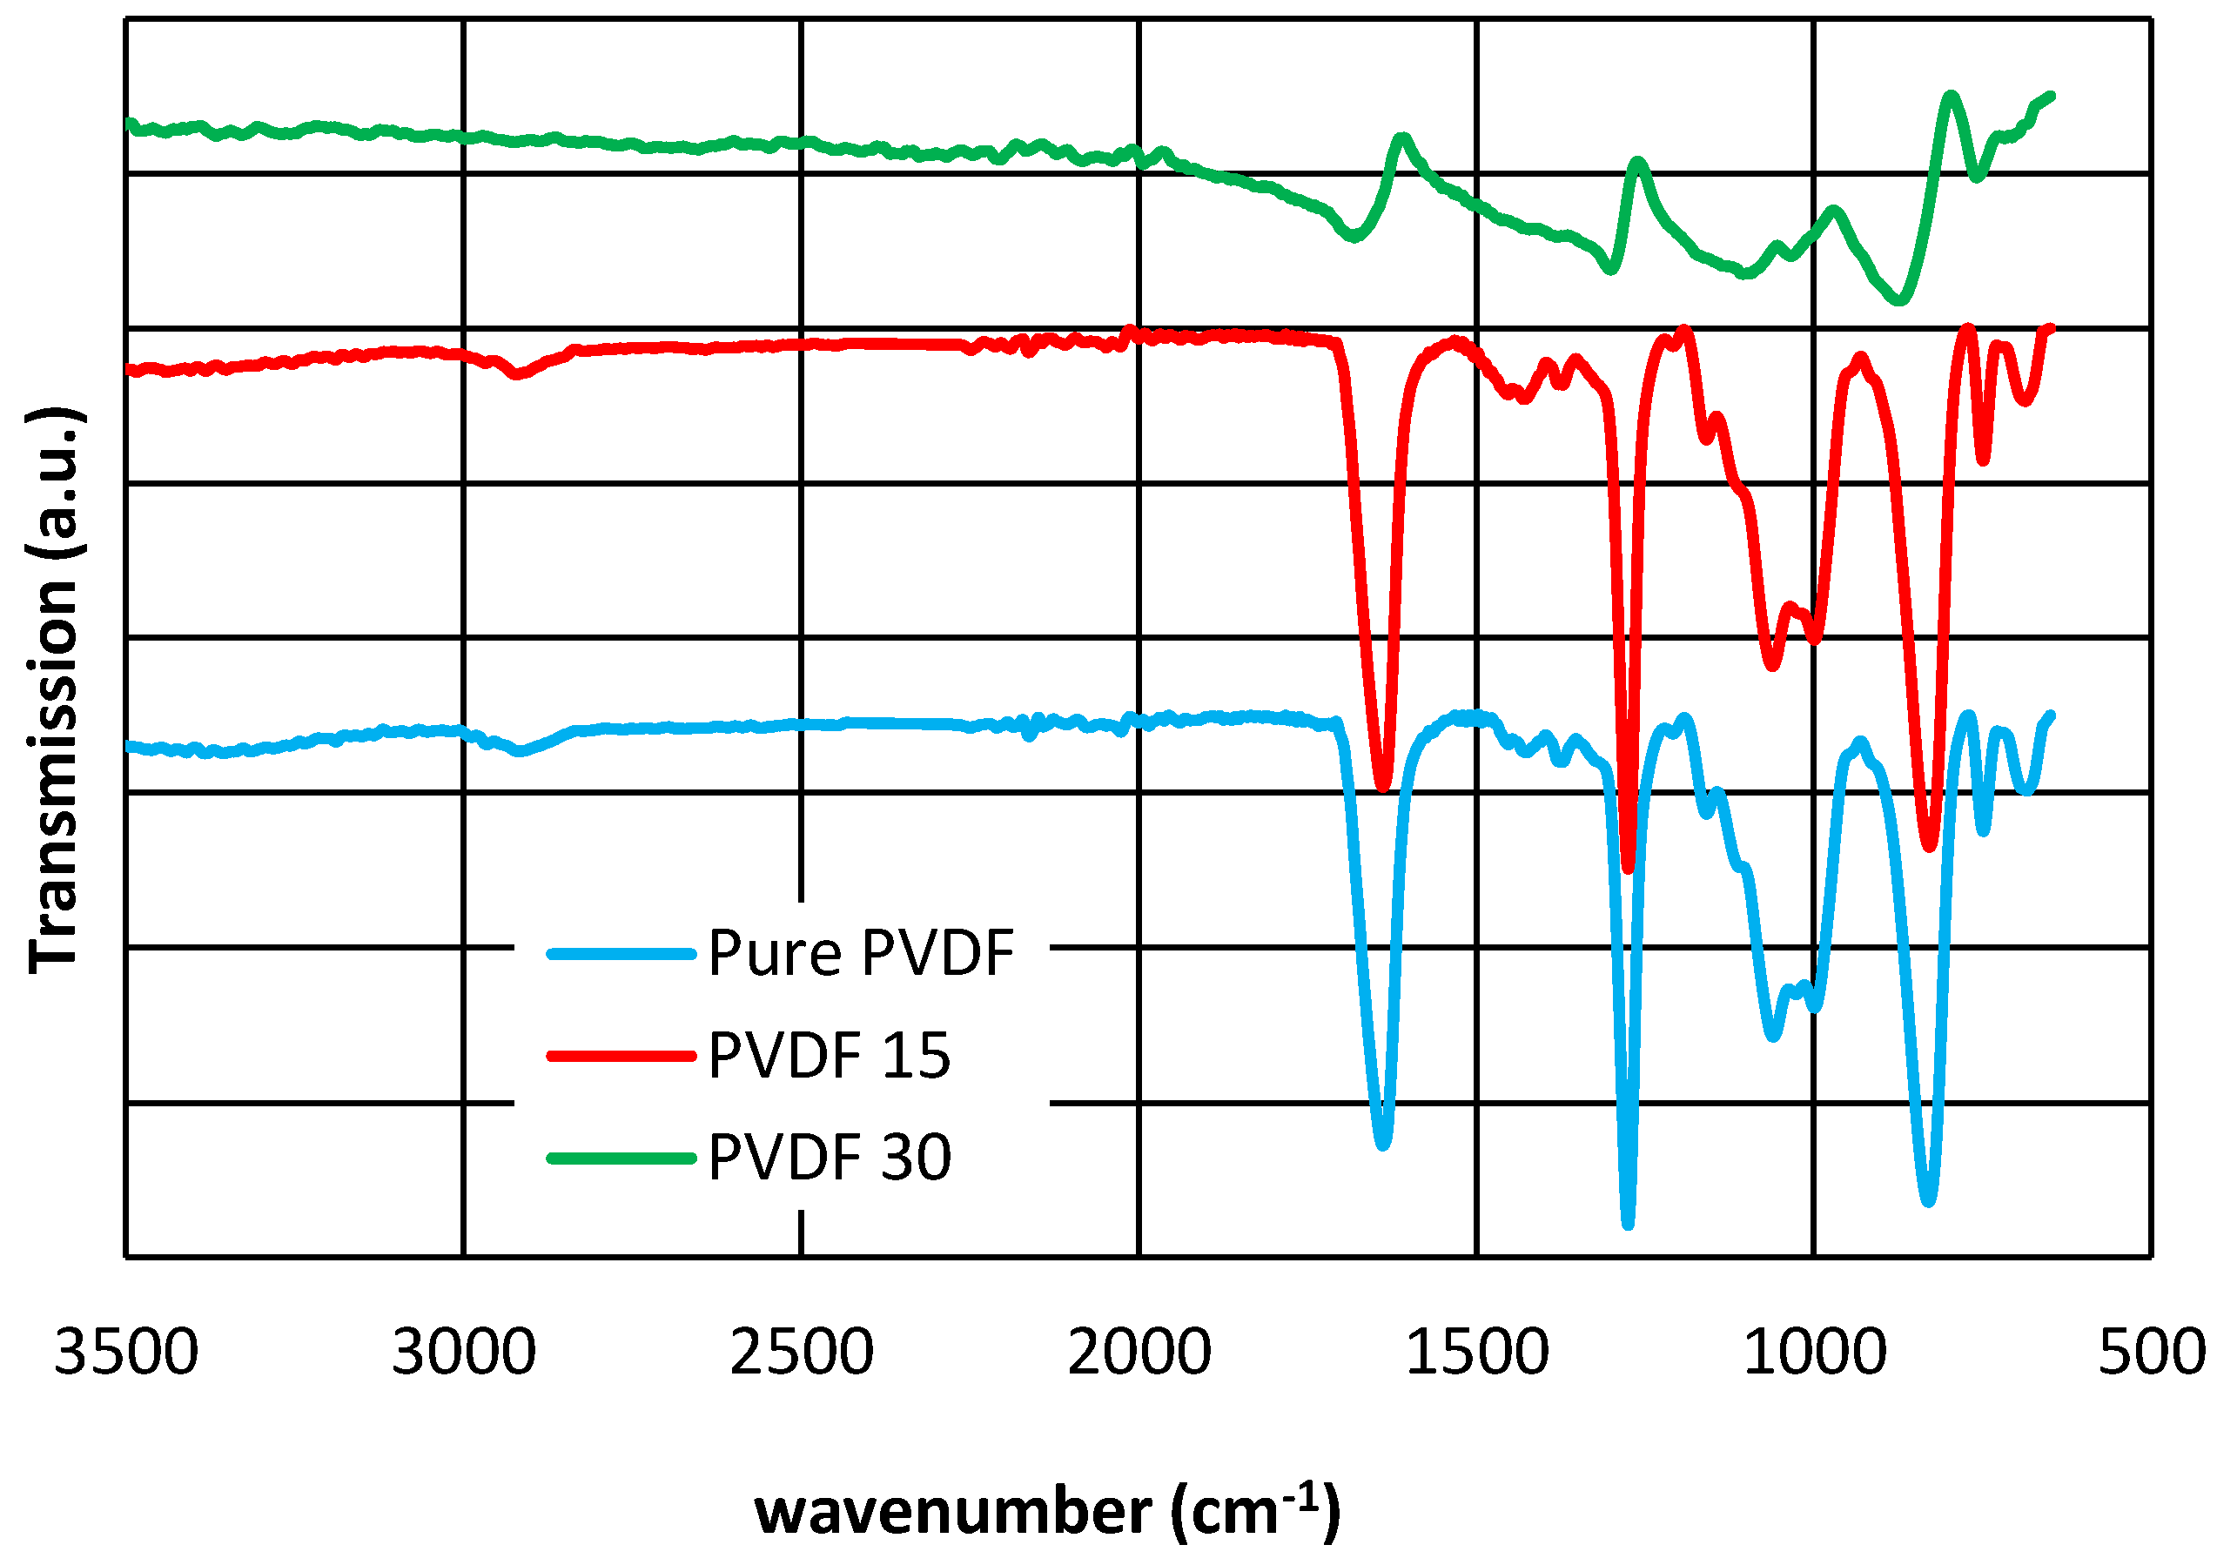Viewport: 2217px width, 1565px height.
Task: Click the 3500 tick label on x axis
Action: (125, 1353)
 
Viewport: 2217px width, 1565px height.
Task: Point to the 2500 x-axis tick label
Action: (802, 1353)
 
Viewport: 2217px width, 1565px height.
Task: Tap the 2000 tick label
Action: (1139, 1353)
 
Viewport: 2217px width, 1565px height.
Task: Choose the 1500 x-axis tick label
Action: (1477, 1353)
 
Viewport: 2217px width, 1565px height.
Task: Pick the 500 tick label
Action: (2152, 1353)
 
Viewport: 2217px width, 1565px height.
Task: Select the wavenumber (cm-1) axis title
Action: (1047, 1511)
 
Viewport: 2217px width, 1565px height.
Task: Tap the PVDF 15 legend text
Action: (830, 1056)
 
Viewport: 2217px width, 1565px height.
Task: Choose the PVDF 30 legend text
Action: (830, 1158)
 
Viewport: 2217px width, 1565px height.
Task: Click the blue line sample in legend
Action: (621, 955)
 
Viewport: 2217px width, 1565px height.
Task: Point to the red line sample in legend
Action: (621, 1056)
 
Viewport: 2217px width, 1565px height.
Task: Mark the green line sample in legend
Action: (621, 1158)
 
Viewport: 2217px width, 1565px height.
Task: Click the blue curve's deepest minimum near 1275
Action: (1628, 1224)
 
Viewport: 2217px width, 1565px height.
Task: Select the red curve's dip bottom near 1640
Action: (1384, 787)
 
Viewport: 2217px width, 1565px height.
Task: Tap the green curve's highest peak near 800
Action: (1952, 95)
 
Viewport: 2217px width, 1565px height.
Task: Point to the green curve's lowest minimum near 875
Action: (1899, 301)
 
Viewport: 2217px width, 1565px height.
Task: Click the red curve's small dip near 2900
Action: (518, 374)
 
